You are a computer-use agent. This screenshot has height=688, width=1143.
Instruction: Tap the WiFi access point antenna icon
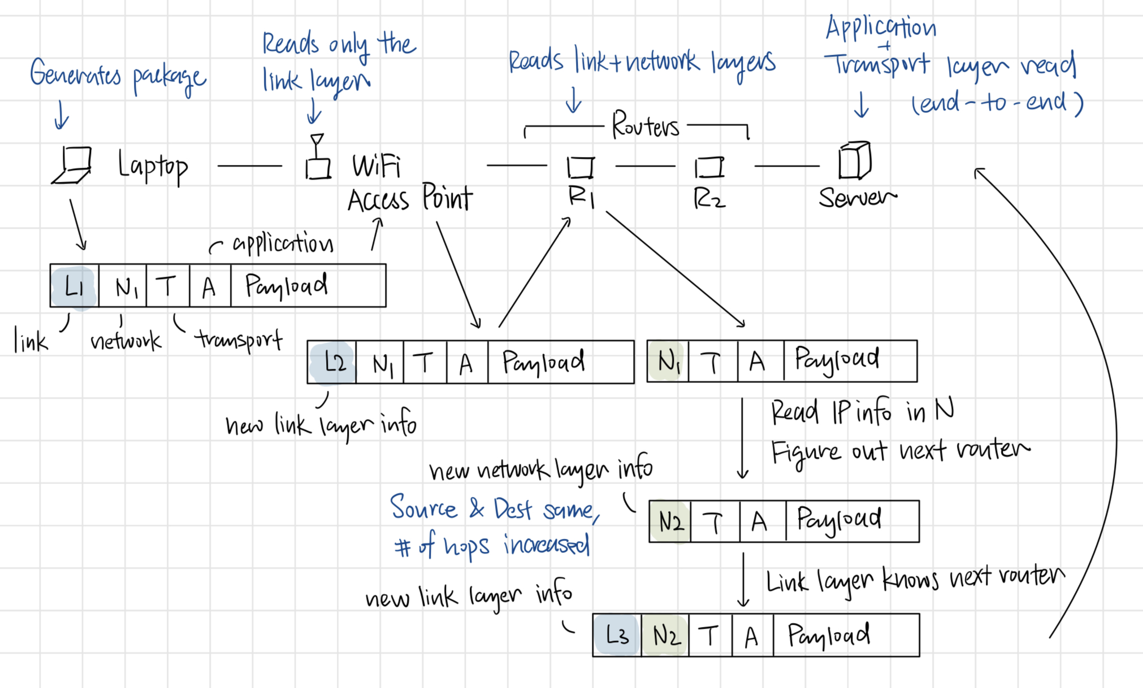tap(318, 158)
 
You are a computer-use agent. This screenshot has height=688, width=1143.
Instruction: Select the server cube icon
tap(855, 160)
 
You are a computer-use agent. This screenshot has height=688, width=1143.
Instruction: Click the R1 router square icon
tap(581, 167)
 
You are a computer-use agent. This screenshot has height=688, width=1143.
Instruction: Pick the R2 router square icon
tap(709, 167)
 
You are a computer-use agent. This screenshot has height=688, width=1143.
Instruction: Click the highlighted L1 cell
tap(74, 286)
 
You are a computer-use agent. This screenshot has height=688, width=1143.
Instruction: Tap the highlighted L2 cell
tap(334, 362)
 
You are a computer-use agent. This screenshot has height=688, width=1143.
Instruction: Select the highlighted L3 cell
tap(617, 635)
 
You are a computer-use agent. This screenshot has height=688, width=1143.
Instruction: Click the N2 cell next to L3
tap(666, 635)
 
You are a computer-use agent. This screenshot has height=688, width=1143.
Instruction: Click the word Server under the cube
tap(857, 198)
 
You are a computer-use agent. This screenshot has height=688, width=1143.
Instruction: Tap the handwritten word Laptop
tap(153, 166)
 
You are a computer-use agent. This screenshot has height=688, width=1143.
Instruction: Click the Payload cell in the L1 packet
tap(308, 286)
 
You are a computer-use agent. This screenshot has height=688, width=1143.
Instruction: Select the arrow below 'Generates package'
tap(61, 115)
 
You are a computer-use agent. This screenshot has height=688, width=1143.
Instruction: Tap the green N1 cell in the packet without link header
tap(668, 361)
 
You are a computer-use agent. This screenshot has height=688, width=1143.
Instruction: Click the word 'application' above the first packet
tap(283, 244)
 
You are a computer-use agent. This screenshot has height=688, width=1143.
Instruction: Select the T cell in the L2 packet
tap(425, 363)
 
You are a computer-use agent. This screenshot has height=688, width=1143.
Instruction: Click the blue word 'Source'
tap(423, 507)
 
